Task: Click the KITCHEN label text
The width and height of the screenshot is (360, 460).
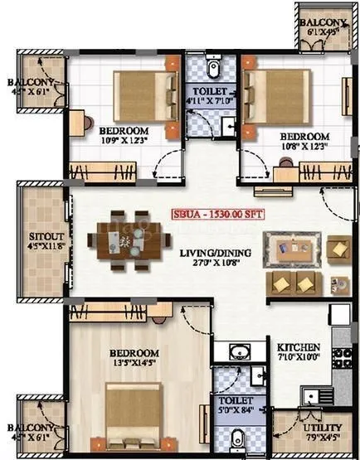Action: pyautogui.click(x=294, y=346)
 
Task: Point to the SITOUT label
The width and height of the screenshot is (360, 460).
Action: pyautogui.click(x=42, y=235)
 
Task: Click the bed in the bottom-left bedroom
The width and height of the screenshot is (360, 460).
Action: pyautogui.click(x=136, y=413)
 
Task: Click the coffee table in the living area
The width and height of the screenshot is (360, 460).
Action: pyautogui.click(x=293, y=248)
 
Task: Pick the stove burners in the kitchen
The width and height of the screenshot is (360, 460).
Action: pyautogui.click(x=340, y=357)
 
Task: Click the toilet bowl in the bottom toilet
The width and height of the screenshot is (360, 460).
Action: pyautogui.click(x=237, y=438)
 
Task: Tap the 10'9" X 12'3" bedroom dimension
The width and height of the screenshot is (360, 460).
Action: pyautogui.click(x=124, y=142)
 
